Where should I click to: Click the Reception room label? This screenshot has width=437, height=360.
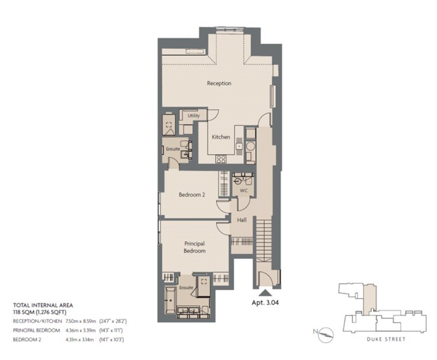click(219, 83)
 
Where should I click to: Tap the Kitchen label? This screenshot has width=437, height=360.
click(221, 137)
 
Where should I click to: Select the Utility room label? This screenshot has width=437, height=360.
click(194, 116)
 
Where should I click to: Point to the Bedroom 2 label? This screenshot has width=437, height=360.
click(192, 195)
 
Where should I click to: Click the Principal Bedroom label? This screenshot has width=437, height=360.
click(195, 247)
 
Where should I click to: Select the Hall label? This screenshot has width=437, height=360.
click(242, 220)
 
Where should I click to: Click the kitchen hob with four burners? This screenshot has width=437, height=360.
click(221, 159)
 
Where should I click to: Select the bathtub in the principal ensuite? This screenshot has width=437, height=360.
click(169, 299)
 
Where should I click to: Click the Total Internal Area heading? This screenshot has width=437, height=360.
click(43, 305)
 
